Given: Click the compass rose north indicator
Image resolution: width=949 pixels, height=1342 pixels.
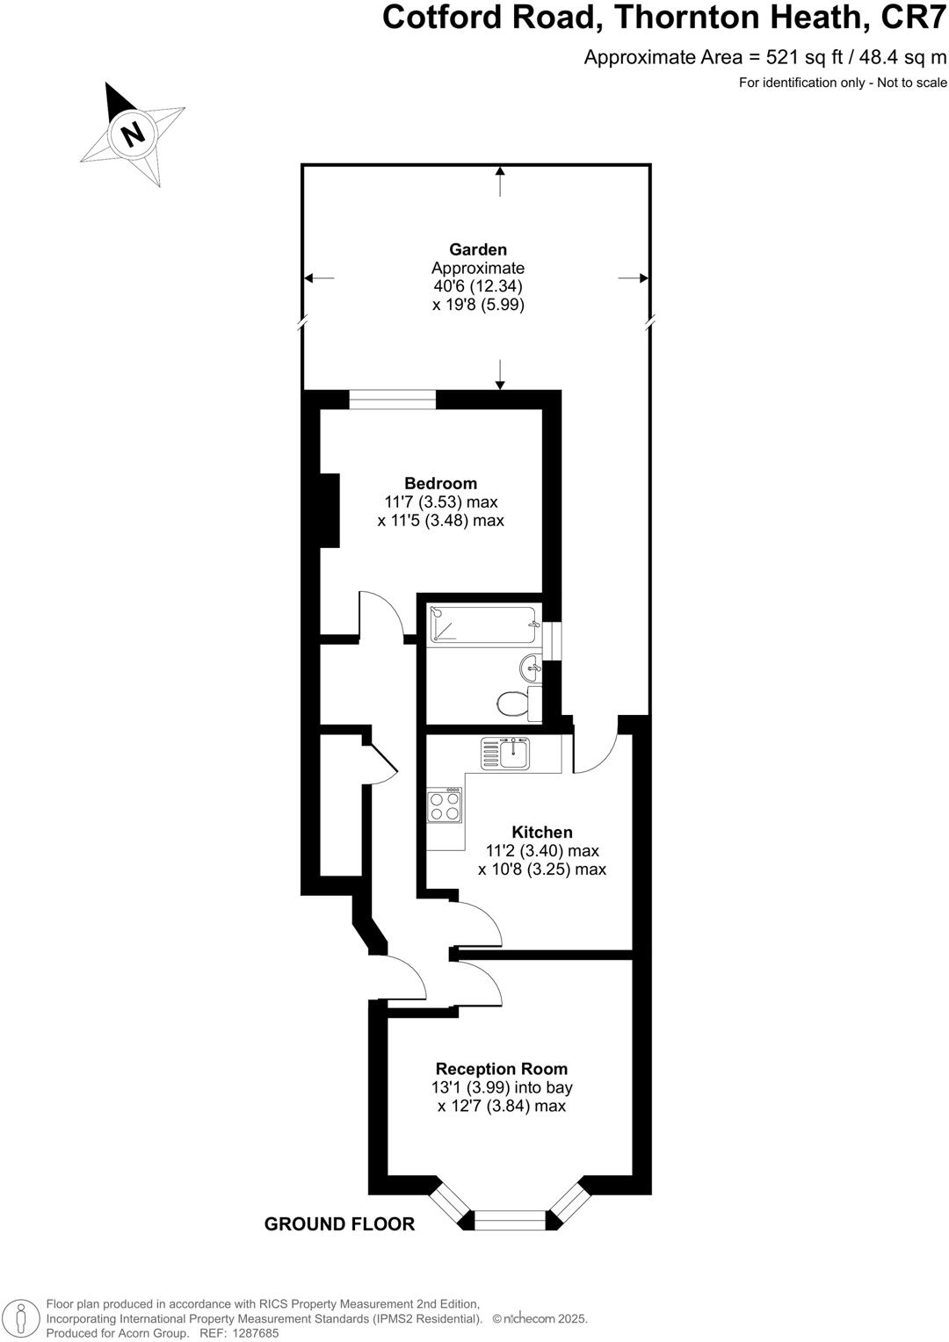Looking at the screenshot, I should (x=133, y=134).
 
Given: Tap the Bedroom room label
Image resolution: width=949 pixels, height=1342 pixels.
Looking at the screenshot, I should (x=440, y=483).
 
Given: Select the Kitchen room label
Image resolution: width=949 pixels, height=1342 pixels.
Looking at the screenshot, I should (x=542, y=832).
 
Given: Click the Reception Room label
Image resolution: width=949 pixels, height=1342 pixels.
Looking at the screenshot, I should (x=501, y=1069).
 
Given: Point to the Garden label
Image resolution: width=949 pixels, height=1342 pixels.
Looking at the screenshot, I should (x=478, y=249).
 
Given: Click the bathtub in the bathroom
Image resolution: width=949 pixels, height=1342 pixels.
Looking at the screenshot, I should (x=482, y=625).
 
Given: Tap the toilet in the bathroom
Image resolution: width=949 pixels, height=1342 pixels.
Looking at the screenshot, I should (x=512, y=703).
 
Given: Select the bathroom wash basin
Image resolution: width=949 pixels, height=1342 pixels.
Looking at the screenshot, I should (x=531, y=669).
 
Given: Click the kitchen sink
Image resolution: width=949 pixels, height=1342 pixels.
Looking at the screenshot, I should (x=506, y=753).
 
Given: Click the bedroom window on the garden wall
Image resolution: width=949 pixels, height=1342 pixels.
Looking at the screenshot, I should (x=392, y=400).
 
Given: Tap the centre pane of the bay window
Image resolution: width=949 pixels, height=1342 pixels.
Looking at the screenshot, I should (x=510, y=1220).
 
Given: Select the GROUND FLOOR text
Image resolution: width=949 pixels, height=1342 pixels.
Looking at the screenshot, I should (x=339, y=1224).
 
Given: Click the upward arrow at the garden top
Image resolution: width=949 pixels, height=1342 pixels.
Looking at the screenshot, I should (x=500, y=181).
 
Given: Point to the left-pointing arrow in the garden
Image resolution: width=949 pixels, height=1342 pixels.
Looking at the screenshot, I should (x=318, y=278).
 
